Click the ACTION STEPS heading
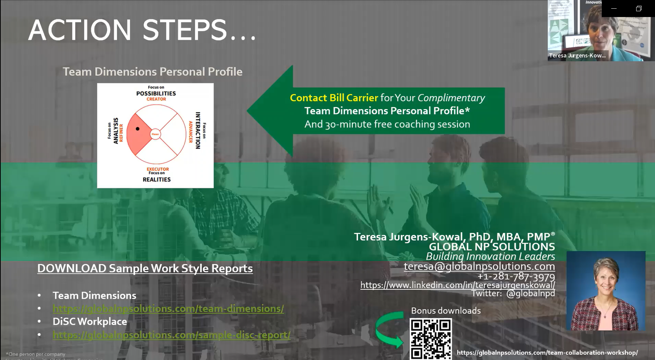tap(142, 30)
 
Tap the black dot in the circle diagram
tap(138, 129)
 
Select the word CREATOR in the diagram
tap(156, 99)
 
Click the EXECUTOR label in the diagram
tap(158, 169)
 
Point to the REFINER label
tap(121, 133)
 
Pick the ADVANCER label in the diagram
tap(190, 132)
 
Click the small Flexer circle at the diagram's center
tap(155, 134)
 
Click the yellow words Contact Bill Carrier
tap(333, 98)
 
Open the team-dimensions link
tap(168, 309)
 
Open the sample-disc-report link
tap(172, 335)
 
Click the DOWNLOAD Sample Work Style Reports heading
tap(145, 268)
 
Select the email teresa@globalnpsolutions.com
tap(479, 266)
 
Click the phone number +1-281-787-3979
tap(516, 276)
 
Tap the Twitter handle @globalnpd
tap(530, 293)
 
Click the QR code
tap(431, 339)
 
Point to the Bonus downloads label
tap(446, 311)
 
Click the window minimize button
tap(614, 8)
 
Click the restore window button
tap(639, 8)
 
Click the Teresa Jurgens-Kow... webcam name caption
tap(577, 55)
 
